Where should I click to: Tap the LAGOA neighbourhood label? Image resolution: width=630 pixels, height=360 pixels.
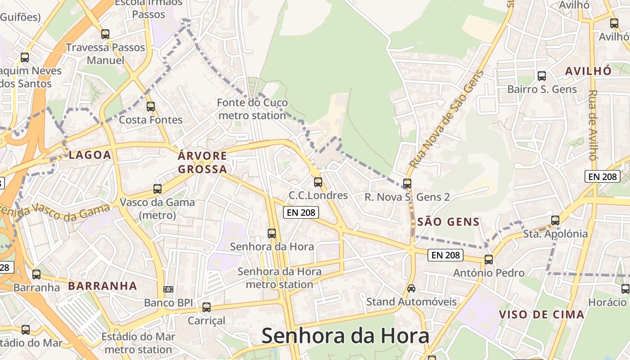(x=90, y=155)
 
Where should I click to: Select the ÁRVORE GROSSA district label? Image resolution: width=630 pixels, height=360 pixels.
(x=202, y=163)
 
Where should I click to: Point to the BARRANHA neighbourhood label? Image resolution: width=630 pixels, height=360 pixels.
(x=103, y=286)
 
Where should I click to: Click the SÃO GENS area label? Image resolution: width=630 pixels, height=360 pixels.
(x=448, y=222)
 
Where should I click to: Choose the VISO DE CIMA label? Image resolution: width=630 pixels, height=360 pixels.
(x=542, y=315)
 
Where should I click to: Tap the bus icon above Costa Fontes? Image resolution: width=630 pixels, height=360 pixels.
(x=151, y=107)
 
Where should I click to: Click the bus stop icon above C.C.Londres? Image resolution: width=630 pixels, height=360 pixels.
(x=318, y=182)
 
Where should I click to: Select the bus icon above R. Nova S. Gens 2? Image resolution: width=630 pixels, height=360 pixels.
(x=407, y=184)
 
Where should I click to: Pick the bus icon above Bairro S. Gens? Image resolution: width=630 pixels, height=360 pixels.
(x=542, y=76)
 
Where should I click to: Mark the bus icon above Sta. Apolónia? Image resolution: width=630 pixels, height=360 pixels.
(x=555, y=220)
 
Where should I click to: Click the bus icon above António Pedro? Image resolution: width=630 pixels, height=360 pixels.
(x=489, y=260)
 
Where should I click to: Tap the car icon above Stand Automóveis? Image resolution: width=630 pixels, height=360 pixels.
(x=411, y=288)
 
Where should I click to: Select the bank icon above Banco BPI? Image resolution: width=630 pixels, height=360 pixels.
(x=168, y=289)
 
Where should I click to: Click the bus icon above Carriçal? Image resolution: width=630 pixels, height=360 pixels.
(x=207, y=307)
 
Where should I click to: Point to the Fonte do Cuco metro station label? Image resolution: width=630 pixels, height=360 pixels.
(x=252, y=109)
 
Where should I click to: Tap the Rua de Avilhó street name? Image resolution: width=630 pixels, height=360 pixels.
(x=593, y=125)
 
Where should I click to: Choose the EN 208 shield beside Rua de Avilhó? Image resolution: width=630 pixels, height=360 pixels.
(x=603, y=176)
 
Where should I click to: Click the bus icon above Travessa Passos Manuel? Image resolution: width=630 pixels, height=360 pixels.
(x=105, y=34)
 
